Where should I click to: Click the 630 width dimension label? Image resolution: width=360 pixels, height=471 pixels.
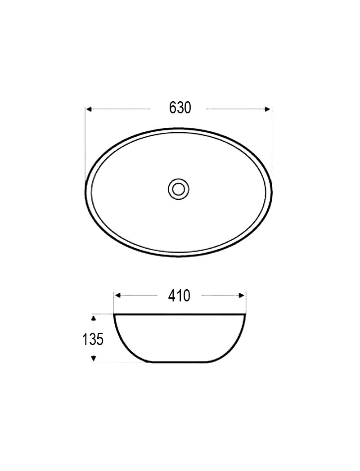coord(180,108)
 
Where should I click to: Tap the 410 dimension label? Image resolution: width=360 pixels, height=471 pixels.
coord(179,296)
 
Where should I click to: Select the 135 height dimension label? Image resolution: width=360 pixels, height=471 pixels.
coord(93,339)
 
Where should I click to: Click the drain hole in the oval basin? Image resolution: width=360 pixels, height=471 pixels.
coord(179,189)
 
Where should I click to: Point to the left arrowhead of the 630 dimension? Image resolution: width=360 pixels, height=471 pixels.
coord(89,109)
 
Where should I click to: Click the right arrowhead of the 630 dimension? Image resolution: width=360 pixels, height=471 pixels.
coord(267,109)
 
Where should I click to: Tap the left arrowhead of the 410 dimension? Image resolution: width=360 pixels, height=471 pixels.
coord(118,296)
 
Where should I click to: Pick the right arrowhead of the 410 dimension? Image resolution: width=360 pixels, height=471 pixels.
coord(241,296)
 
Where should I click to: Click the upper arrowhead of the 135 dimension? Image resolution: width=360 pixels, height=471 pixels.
coord(94,318)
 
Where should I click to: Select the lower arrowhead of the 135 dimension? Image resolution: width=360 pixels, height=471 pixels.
coord(94,358)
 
